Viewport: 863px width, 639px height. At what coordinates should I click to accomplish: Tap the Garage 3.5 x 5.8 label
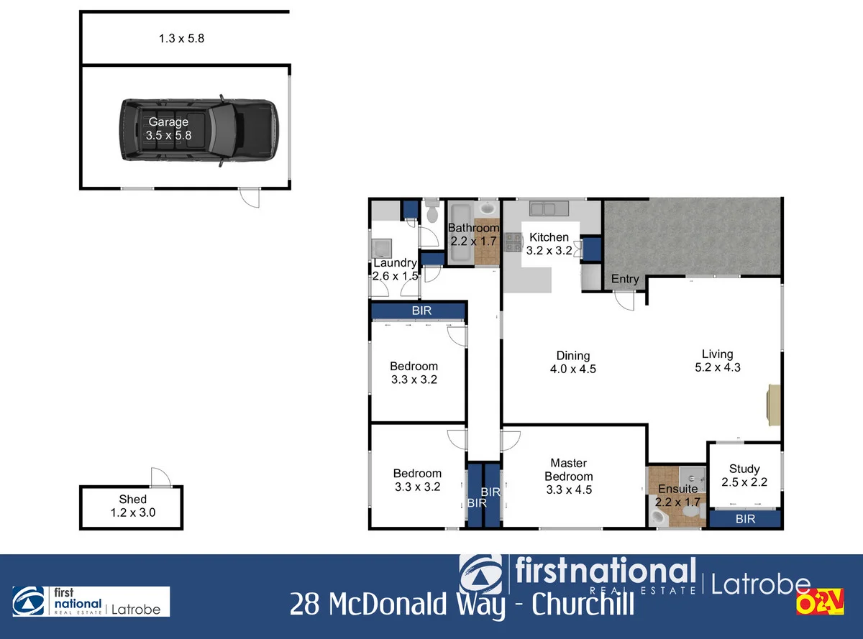coord(168,128)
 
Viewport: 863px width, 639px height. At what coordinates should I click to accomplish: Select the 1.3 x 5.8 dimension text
coord(181,39)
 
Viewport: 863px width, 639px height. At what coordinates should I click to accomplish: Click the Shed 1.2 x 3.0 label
coord(132,506)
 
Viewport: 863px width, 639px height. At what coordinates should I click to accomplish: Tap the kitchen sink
coord(548,208)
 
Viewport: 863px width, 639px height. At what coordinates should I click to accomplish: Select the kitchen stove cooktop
coord(513,242)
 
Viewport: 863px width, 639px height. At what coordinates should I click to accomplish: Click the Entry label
coord(624,279)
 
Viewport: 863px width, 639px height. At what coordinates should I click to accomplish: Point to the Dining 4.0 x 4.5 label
coord(572,362)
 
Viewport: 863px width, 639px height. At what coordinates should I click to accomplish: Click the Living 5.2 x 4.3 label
coord(717,360)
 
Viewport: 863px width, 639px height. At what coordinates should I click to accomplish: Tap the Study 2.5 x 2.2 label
coord(744,475)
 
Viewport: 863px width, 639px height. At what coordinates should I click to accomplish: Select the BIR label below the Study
coord(745,518)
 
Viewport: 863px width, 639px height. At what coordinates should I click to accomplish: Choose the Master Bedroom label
coord(568,477)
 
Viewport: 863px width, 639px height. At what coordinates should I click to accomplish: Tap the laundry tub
coord(380,249)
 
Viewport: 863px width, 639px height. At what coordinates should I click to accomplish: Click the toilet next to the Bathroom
coord(432,212)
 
